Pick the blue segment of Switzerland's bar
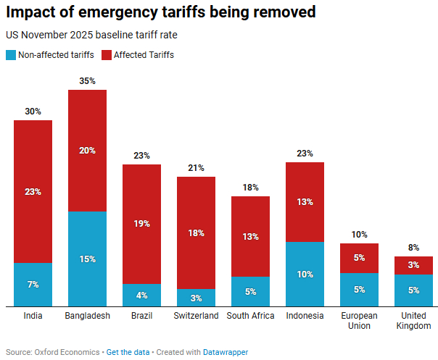tap(196, 298)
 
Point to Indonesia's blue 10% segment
tap(305, 274)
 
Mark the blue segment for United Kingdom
tap(413, 290)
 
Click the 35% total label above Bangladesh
tap(87, 81)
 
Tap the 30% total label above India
tap(33, 112)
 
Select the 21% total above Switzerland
tap(196, 168)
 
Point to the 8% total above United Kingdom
tap(413, 248)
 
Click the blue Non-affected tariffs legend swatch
tap(10, 55)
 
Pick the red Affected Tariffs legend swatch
tap(107, 55)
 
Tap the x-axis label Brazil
tap(141, 316)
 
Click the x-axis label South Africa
tap(250, 316)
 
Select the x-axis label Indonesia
tap(305, 316)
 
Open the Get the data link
tap(128, 352)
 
